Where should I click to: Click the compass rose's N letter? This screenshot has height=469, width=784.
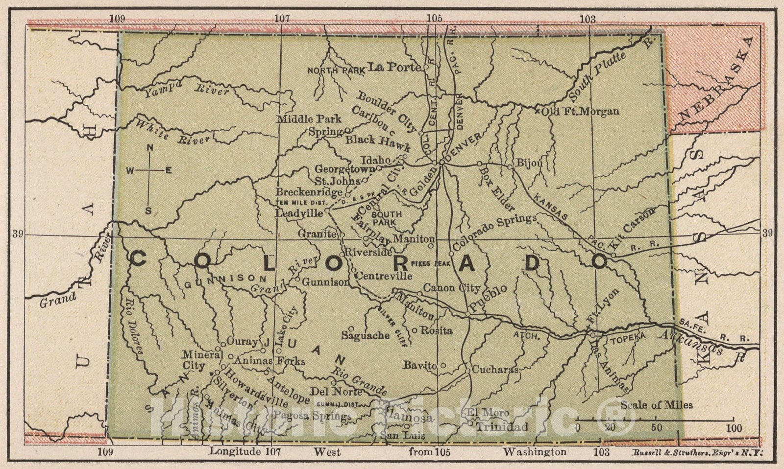click(x=151, y=148)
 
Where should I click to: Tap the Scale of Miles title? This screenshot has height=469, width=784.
click(x=657, y=405)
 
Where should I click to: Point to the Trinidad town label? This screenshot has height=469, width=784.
click(x=501, y=427)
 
